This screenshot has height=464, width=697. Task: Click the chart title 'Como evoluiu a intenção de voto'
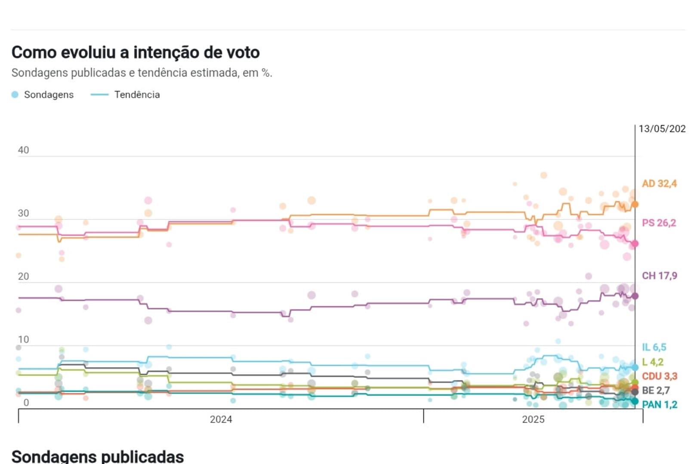point(136,52)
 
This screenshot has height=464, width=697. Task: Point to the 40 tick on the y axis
point(23,150)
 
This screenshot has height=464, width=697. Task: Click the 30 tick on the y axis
point(23,213)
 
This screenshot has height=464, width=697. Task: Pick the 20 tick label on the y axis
point(23,276)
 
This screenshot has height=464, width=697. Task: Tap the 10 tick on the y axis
point(23,339)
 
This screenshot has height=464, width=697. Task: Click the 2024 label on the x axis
point(221,419)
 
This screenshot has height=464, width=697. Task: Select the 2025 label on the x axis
point(533,419)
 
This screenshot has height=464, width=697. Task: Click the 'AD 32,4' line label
point(659,183)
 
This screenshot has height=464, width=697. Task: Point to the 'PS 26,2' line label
point(659,223)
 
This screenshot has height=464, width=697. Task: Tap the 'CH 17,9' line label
point(659,275)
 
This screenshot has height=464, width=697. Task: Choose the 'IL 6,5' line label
point(654,347)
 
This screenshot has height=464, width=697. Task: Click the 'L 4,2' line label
point(653,362)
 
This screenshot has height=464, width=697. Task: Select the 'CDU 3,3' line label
point(660,376)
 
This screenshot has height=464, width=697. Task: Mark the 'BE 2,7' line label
point(656,390)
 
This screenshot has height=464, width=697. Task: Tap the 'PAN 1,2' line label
point(660,404)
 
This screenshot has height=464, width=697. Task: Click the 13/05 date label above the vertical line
point(662,128)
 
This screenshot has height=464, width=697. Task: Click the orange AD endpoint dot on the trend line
point(635,205)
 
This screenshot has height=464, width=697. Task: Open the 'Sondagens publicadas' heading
point(98,456)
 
